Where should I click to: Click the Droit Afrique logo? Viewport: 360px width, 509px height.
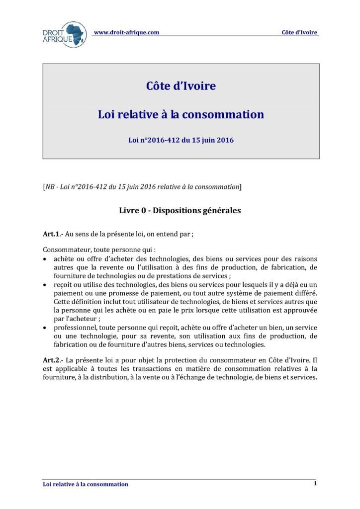tap(64, 34)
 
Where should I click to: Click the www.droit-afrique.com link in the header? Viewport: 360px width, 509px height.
tap(126, 32)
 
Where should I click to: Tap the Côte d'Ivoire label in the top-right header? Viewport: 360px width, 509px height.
tap(299, 32)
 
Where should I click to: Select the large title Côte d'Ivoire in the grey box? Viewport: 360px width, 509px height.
tap(180, 85)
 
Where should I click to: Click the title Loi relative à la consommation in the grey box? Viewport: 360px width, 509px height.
tap(180, 114)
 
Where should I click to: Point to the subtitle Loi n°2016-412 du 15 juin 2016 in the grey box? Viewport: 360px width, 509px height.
tap(180, 140)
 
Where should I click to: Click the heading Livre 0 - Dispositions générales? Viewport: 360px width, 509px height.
tap(180, 210)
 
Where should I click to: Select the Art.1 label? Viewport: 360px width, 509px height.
tap(51, 234)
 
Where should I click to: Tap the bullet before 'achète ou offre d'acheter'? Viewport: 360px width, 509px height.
tap(46, 259)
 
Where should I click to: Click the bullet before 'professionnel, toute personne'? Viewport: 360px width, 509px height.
tap(46, 328)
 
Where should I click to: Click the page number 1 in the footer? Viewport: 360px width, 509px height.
tap(315, 483)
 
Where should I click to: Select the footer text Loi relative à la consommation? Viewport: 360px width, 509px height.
tap(86, 484)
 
